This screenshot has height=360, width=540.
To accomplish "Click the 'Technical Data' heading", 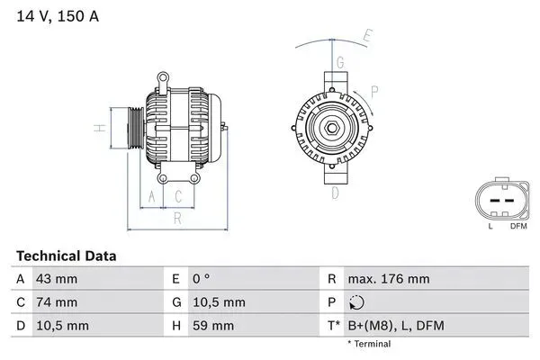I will point(66,256).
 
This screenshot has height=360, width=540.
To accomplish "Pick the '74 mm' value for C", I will point(55,302).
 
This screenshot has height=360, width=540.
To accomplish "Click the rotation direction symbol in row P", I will point(357,302).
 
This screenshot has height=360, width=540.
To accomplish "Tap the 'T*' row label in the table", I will point(332,325).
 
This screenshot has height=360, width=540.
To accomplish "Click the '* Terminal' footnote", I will point(369,344).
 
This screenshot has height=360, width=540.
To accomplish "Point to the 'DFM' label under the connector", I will point(518,226).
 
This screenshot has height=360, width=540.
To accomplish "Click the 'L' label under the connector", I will point(490,226).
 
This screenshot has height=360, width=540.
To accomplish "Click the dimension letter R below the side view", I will point(178,217).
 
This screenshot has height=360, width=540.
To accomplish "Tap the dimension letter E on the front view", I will point(367,37).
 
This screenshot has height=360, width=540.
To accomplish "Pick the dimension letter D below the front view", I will point(335,193).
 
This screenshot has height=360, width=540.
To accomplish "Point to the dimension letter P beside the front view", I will point(373,91).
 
